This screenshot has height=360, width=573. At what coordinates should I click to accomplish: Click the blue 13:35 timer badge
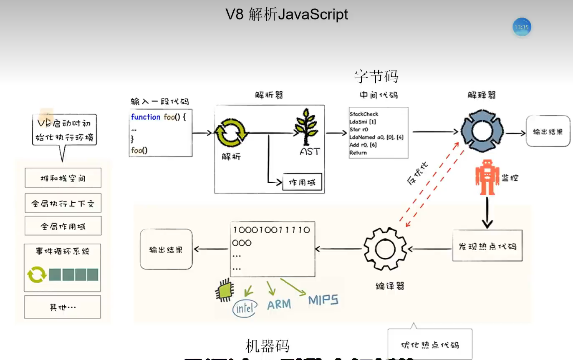tap(522, 27)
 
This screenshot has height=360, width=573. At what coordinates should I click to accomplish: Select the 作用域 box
tap(303, 182)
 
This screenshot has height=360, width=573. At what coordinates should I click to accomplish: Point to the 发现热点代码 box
tap(487, 246)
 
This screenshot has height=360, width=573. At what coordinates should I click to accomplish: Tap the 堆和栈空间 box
tap(63, 178)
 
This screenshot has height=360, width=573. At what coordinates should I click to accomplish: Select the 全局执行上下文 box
tap(63, 204)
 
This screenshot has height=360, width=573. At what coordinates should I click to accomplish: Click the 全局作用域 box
tap(63, 227)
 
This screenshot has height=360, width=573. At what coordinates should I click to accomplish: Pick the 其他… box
tap(63, 307)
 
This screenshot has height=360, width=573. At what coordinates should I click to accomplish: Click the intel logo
tap(244, 308)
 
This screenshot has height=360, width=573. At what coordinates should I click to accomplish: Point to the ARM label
tap(279, 305)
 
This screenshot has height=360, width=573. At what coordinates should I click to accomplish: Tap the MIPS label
tap(323, 300)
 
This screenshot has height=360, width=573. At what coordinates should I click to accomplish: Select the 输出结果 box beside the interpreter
tap(548, 131)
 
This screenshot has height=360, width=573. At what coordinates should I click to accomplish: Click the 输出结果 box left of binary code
tap(166, 249)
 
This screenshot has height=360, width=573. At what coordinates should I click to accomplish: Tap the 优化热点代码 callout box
tap(430, 345)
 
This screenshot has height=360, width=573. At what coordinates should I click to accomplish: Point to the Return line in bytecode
tap(358, 153)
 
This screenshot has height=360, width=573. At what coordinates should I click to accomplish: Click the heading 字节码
tap(376, 76)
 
